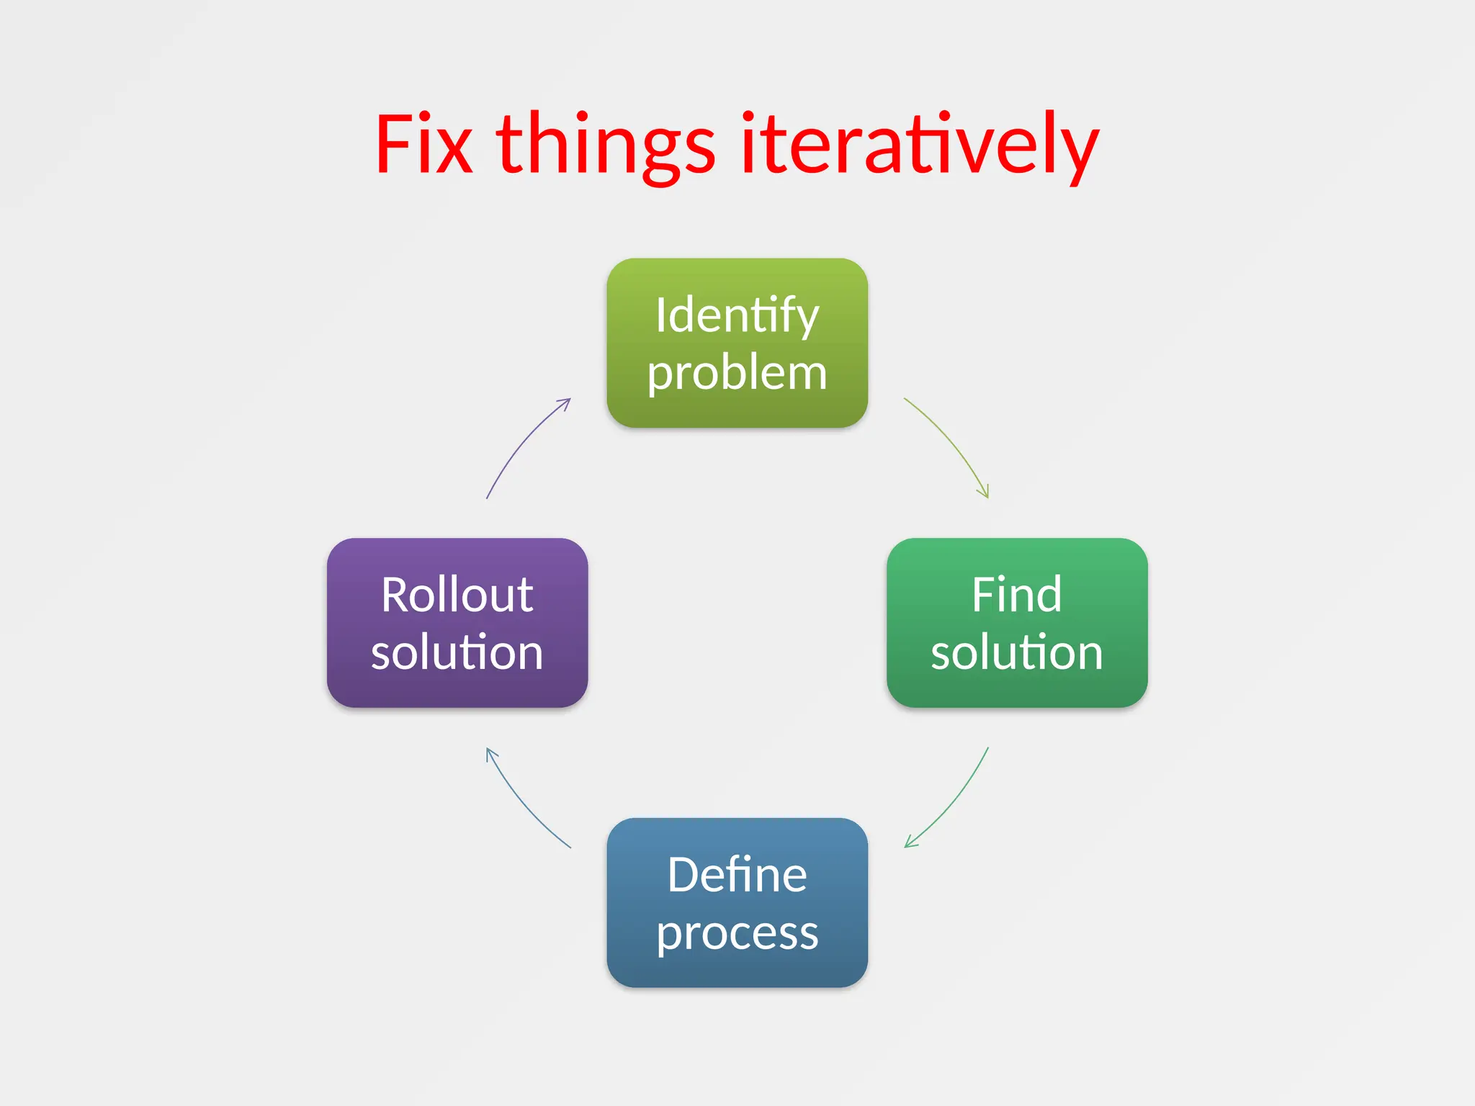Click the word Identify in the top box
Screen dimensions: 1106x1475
(737, 315)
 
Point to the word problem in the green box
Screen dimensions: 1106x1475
(737, 373)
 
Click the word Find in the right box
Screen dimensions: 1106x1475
(1016, 595)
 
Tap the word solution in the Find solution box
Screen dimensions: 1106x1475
(1016, 652)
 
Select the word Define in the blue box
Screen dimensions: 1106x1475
(737, 875)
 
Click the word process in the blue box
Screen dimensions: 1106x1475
(737, 933)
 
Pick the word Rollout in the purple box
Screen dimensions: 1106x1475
(457, 595)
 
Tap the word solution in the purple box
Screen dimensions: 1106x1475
(457, 652)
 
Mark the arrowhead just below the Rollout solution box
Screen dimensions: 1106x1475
(490, 753)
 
